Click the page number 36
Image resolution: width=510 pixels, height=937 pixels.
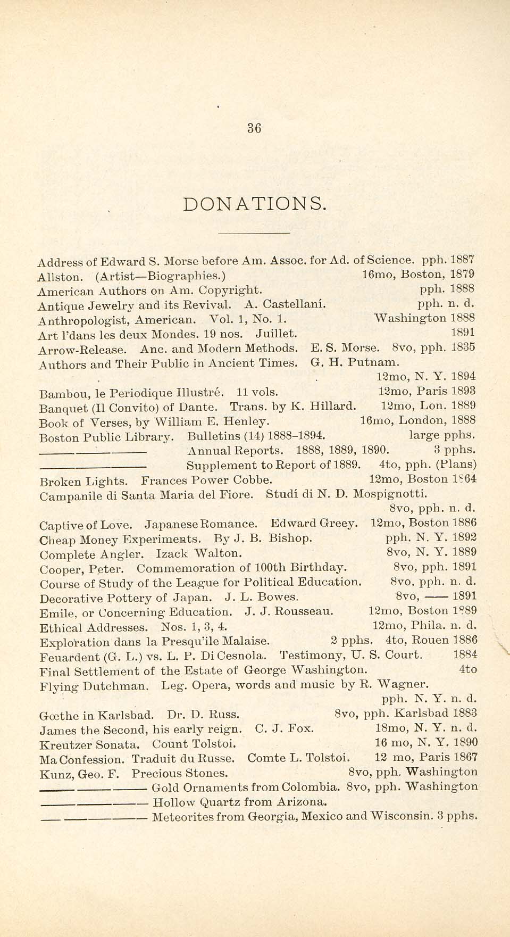click(254, 128)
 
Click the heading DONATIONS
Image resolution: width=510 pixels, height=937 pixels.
click(254, 204)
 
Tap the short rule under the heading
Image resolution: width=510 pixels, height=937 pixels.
click(254, 233)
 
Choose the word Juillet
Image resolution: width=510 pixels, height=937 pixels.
click(276, 334)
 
